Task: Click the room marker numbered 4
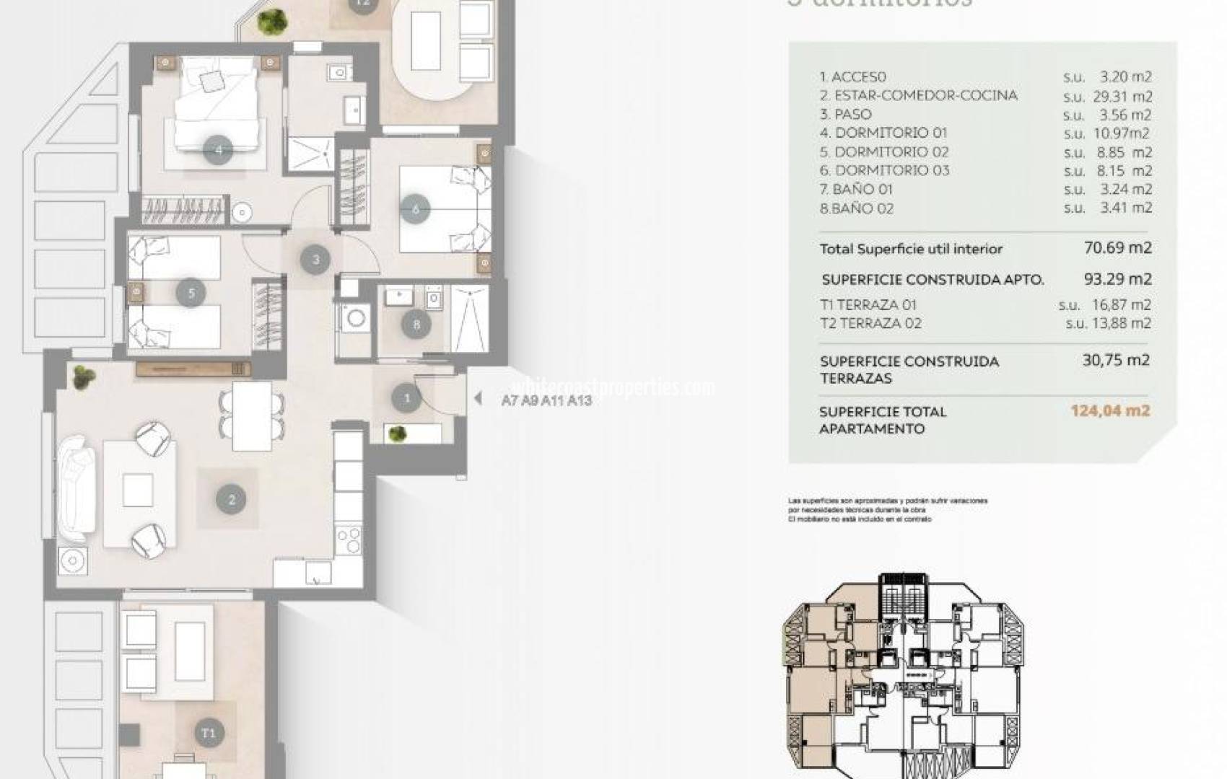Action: click(219, 150)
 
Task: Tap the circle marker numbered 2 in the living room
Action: click(231, 499)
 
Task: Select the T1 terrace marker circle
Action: click(209, 733)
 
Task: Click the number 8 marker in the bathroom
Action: click(416, 325)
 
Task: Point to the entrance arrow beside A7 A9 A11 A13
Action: click(477, 398)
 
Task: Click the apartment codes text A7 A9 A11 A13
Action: click(546, 400)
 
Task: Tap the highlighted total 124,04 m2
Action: click(1110, 411)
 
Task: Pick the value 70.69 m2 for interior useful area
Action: click(1117, 247)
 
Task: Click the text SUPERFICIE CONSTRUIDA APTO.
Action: click(933, 280)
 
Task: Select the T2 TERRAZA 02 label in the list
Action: click(870, 323)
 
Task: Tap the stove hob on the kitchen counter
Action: click(349, 538)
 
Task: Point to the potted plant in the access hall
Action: click(396, 433)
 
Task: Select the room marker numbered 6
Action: click(416, 209)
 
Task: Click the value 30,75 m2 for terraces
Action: click(1115, 360)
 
